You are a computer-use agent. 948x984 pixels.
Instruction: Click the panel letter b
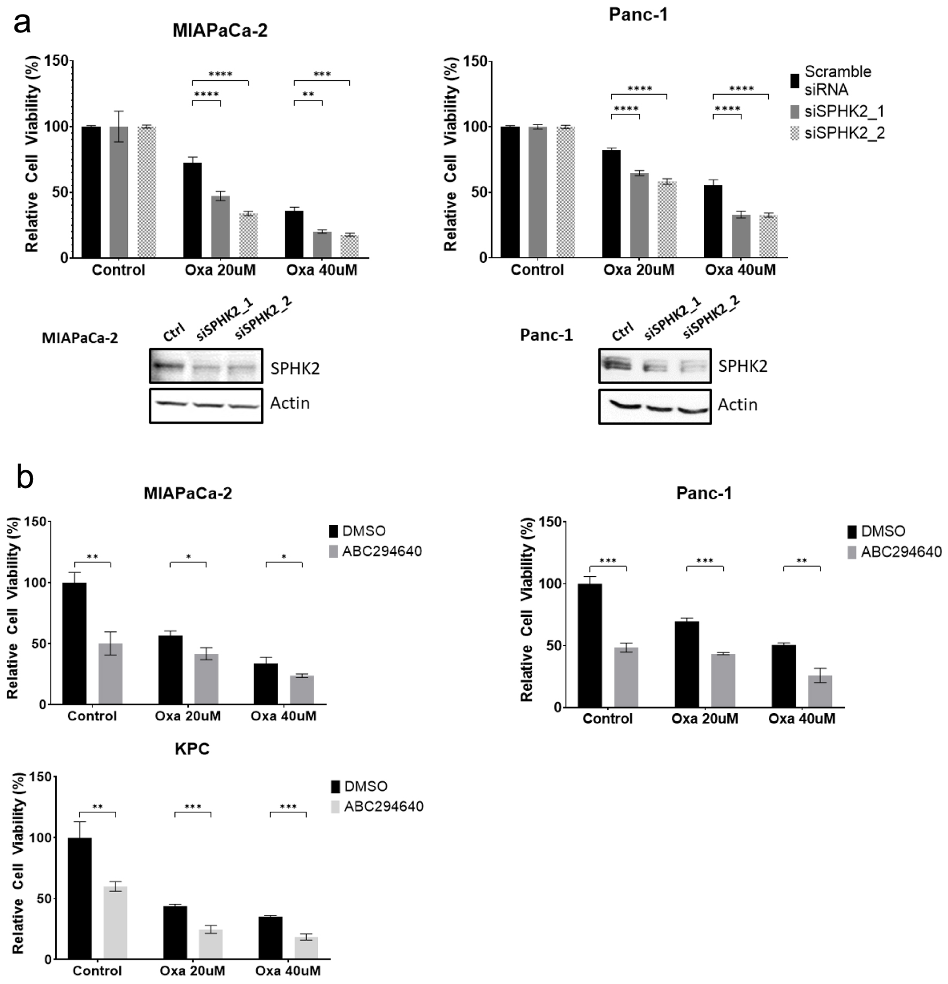tap(25, 477)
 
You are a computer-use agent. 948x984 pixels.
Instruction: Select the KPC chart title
tap(192, 749)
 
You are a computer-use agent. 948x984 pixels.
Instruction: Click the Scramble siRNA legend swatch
tap(795, 81)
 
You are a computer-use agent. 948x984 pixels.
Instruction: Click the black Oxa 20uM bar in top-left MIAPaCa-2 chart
tap(193, 210)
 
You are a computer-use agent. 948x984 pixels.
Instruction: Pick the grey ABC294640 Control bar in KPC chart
tap(116, 922)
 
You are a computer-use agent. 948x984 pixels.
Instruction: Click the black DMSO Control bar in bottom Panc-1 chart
tap(590, 645)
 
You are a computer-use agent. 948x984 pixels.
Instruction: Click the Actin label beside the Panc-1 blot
tap(737, 405)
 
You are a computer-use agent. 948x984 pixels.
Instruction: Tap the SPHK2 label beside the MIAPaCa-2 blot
tap(295, 369)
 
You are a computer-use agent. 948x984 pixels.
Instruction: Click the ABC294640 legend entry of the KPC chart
tap(383, 806)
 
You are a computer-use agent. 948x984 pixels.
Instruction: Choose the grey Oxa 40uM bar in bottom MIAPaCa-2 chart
tap(302, 690)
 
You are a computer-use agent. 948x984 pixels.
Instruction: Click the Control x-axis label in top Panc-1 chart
tap(537, 270)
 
